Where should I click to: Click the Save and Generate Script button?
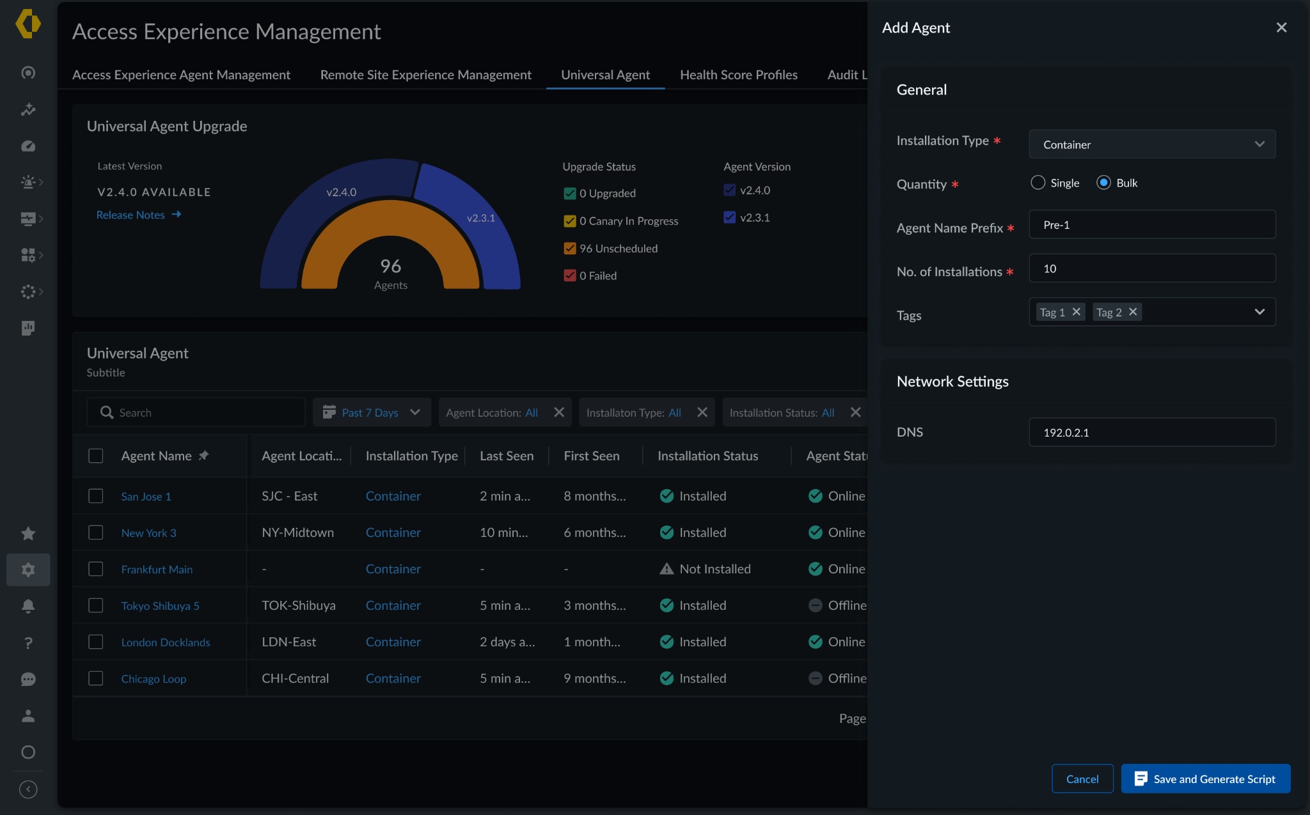click(1205, 779)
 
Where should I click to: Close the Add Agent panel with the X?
click(1281, 27)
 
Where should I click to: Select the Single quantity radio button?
click(1038, 183)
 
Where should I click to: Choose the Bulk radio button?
click(1103, 183)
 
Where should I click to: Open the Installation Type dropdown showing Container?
click(1151, 144)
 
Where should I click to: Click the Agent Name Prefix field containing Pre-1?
click(1151, 225)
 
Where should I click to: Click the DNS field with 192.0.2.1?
click(1151, 432)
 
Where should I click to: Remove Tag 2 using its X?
click(1133, 312)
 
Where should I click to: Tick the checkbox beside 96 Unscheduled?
click(570, 248)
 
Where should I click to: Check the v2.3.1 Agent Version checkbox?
click(729, 217)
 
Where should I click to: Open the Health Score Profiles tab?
click(738, 75)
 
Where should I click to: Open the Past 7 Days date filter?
click(372, 412)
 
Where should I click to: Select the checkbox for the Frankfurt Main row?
click(96, 569)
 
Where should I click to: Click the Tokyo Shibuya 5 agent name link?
click(160, 606)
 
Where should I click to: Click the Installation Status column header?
click(707, 456)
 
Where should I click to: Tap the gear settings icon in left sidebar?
click(28, 570)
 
